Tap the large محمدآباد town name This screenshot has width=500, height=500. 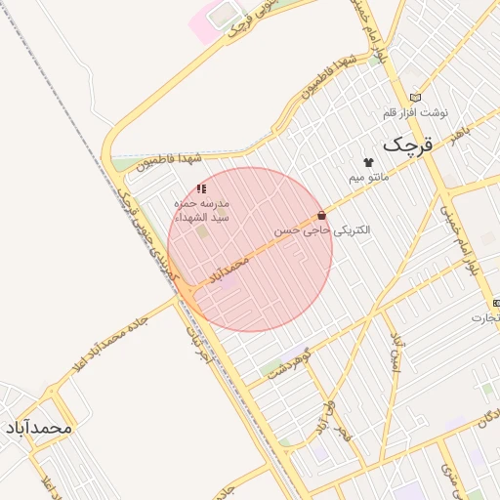(40, 428)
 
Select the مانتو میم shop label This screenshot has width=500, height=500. (369, 179)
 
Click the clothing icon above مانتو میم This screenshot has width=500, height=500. (368, 162)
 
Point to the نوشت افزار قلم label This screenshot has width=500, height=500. (415, 112)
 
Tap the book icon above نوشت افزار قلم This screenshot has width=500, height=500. (416, 97)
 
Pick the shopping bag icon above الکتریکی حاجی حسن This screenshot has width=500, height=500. (322, 216)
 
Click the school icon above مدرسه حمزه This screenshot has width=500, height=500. (201, 188)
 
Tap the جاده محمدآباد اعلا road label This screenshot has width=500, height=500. (108, 345)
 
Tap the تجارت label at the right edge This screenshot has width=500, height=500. (483, 317)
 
